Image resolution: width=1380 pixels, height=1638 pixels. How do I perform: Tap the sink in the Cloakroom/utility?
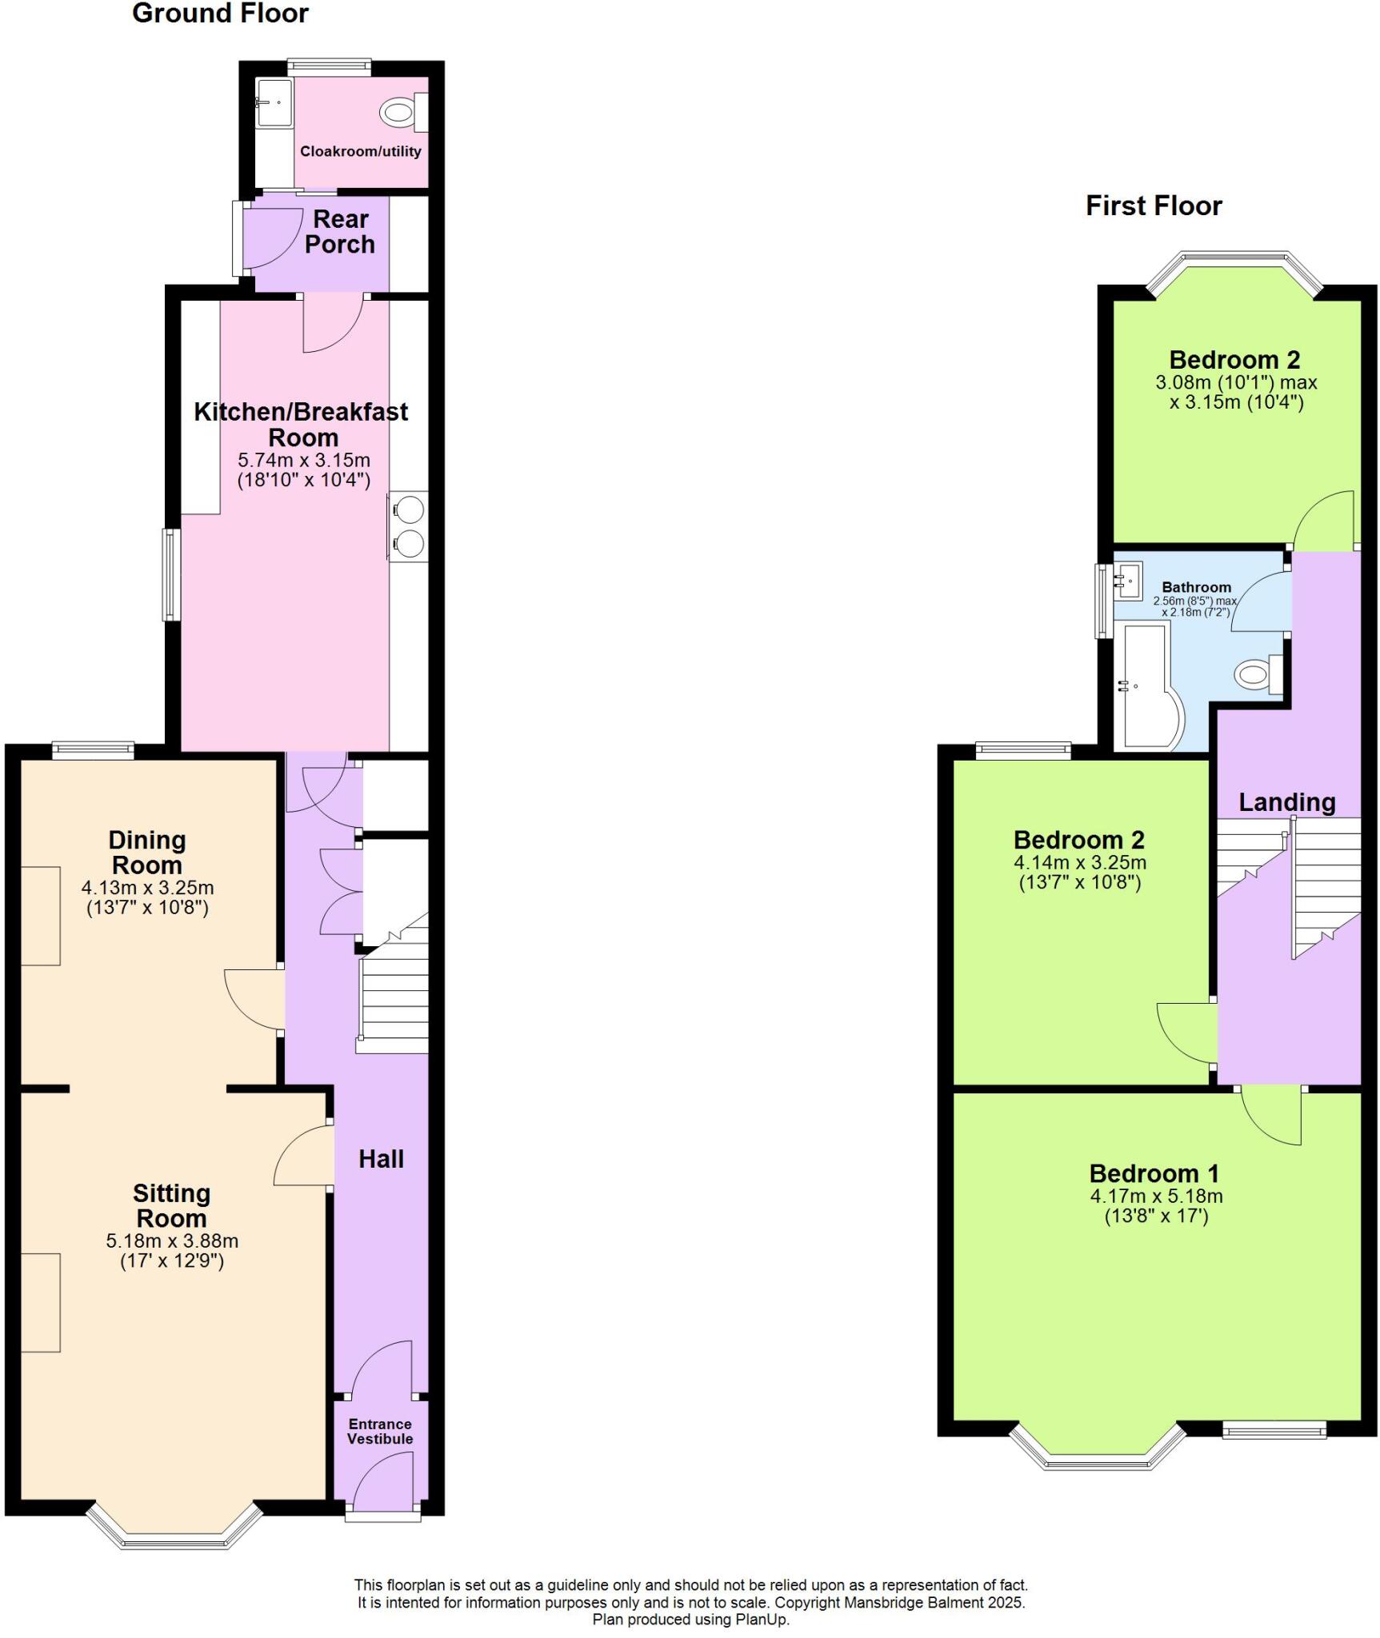pos(273,103)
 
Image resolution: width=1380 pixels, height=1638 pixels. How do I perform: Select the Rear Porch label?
pos(340,231)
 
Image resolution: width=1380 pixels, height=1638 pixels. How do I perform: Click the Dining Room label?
pos(147,852)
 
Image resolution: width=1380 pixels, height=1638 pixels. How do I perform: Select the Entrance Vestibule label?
pos(380,1431)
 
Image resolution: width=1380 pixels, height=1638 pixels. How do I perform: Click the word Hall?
pos(381,1159)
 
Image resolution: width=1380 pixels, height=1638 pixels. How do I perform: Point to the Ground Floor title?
pos(220,14)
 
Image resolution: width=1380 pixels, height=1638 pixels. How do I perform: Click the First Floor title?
pos(1153,206)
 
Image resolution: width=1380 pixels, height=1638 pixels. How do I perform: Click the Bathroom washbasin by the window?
pos(1129,580)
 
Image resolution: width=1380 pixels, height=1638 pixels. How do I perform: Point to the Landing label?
pos(1286,802)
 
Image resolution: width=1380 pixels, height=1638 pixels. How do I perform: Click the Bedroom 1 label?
pos(1154,1173)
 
